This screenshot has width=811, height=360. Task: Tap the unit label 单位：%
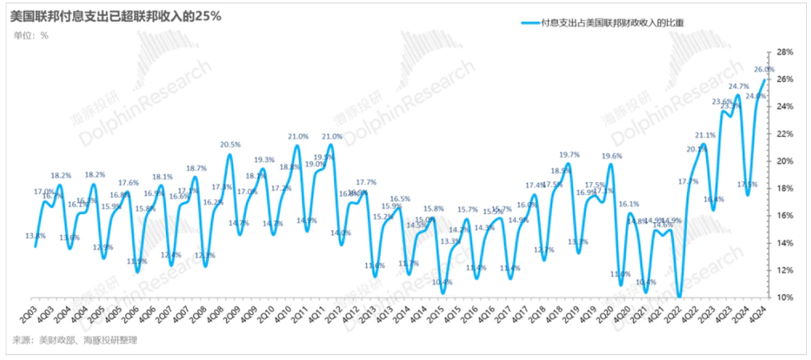tap(31, 35)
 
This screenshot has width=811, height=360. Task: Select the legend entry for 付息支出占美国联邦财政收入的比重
tap(605, 24)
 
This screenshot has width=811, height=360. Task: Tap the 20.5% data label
tap(230, 144)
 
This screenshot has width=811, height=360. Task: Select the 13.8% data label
tap(35, 236)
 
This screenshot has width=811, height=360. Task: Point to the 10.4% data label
tap(442, 282)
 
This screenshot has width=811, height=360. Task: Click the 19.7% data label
tap(570, 155)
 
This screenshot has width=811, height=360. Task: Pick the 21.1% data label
tap(705, 136)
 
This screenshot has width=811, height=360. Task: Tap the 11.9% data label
tap(137, 261)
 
